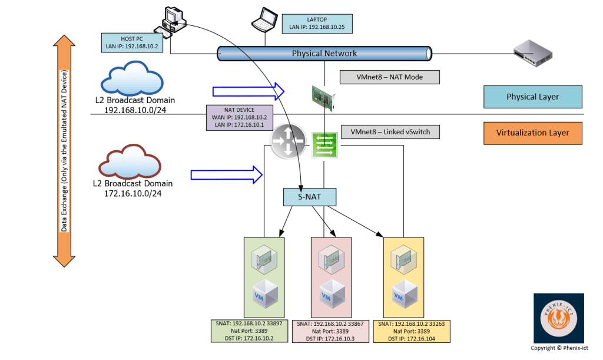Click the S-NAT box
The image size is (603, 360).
(x=310, y=197)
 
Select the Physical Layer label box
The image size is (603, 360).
(x=532, y=97)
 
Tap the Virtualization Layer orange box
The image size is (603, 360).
(x=532, y=133)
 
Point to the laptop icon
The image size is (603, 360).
(x=264, y=21)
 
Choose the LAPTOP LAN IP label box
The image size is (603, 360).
(x=317, y=24)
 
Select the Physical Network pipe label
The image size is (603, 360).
(x=324, y=54)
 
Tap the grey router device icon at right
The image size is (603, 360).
(x=533, y=52)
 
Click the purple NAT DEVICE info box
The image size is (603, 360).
(x=239, y=117)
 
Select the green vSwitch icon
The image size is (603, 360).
(x=324, y=145)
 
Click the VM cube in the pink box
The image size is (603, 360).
(x=330, y=293)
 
